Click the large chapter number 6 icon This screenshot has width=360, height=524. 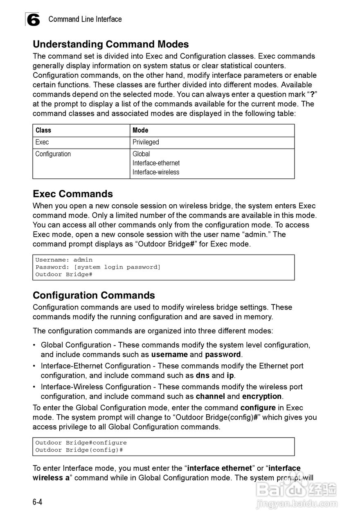click(33, 20)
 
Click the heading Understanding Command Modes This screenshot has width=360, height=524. click(110, 44)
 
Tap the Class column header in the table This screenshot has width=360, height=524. click(43, 130)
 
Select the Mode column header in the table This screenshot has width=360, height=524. click(140, 130)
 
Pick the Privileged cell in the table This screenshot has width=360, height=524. click(146, 142)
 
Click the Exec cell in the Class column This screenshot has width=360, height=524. click(42, 142)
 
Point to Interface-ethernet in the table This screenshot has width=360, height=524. click(156, 163)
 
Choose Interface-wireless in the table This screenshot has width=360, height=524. click(156, 172)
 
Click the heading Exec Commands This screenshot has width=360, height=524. click(73, 194)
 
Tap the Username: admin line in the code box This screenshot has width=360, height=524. click(64, 260)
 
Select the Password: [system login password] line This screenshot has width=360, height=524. click(98, 267)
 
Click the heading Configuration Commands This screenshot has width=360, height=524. click(94, 295)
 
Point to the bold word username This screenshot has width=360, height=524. click(169, 355)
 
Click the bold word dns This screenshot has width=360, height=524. click(202, 375)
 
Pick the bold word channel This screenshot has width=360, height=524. click(210, 396)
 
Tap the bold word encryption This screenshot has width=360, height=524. click(262, 396)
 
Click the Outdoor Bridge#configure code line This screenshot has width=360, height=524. click(81, 443)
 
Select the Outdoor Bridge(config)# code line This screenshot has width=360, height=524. click(79, 450)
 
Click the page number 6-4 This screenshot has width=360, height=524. click(38, 502)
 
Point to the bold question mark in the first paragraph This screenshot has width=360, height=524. click(312, 94)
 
